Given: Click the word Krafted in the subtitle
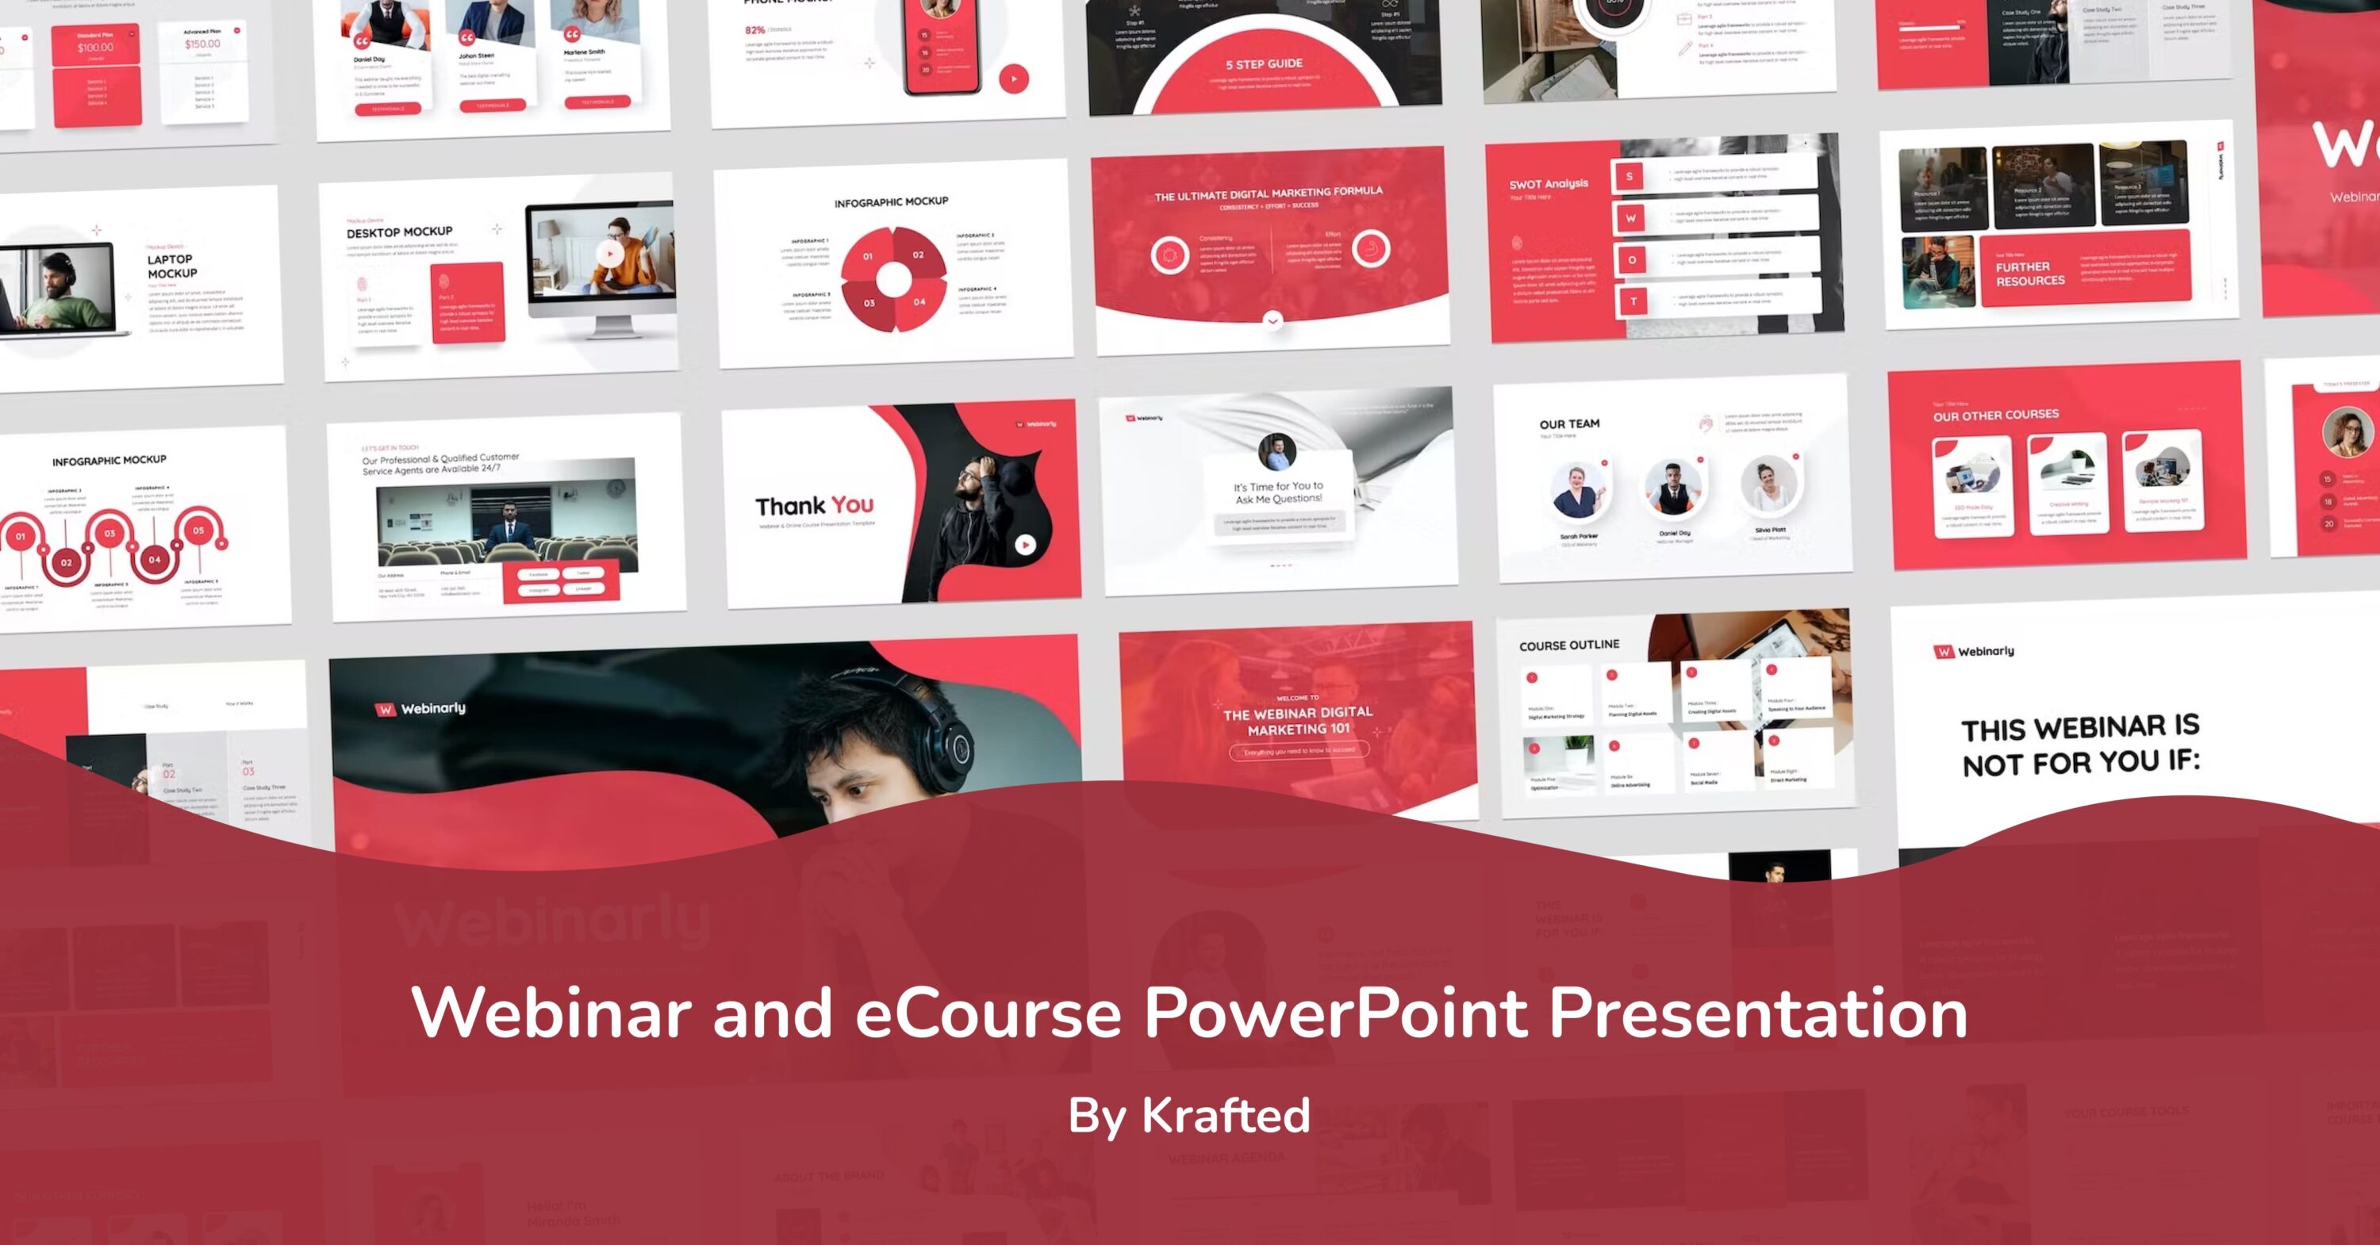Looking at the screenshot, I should tap(1225, 1115).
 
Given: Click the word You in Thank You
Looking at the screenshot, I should tap(852, 504).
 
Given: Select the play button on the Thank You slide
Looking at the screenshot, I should tap(1025, 545).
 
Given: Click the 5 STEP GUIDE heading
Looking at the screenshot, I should tap(1264, 63).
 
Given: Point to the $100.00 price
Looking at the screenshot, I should tap(95, 47).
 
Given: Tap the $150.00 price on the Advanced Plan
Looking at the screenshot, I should tap(202, 44).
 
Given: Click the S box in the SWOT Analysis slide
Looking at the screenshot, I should tap(1629, 176).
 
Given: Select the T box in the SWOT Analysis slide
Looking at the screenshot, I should tap(1633, 301).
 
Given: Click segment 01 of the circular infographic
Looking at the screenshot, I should tap(868, 257).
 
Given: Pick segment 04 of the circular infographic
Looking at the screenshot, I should tap(919, 302).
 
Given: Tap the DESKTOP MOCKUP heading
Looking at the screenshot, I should tap(399, 232).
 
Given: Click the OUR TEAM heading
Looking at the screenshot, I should tap(1568, 424).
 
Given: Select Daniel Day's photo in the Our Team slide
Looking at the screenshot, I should tap(1673, 487).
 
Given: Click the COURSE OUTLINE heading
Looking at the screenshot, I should tap(1568, 645).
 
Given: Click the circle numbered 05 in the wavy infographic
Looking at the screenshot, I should tap(198, 531).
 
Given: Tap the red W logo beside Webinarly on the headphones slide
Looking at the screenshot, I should tap(384, 709).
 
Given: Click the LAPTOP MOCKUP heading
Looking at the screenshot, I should tap(172, 266).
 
